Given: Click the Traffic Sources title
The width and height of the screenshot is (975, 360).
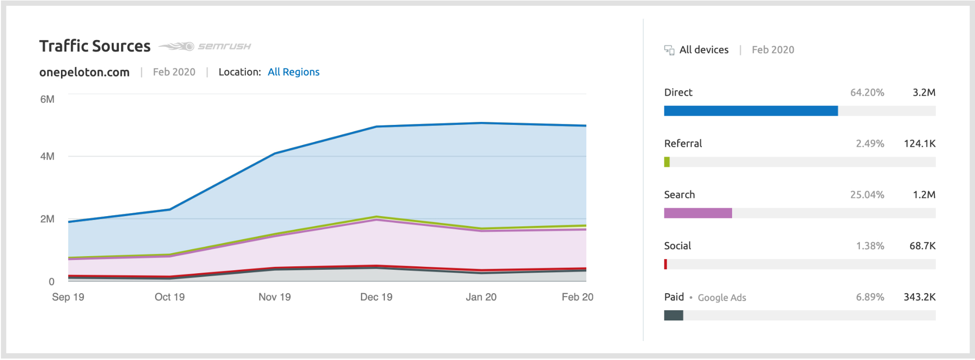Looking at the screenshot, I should [x=95, y=46].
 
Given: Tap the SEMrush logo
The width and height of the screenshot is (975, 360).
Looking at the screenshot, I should [x=205, y=46].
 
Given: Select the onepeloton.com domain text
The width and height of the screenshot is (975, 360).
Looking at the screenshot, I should [x=84, y=72].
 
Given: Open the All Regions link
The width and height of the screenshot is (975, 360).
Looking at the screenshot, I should [x=293, y=72].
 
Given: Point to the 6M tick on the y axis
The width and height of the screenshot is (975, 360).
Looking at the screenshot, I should [x=47, y=99].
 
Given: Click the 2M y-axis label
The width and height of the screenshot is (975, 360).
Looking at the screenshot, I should [x=47, y=219].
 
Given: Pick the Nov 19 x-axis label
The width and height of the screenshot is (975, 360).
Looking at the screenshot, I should [x=274, y=297].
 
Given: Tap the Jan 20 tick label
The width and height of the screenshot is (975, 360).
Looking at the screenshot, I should [x=481, y=297].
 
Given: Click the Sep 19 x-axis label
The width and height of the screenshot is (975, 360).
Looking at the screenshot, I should [x=68, y=297].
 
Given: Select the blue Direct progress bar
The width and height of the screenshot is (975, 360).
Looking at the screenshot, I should [x=751, y=111].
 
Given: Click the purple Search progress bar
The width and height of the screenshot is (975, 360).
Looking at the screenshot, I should [x=697, y=213].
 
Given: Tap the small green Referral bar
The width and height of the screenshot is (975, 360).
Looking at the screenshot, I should [x=667, y=162].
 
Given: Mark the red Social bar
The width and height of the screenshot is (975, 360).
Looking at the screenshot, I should [x=665, y=264].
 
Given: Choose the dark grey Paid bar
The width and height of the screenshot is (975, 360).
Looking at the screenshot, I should [x=673, y=316].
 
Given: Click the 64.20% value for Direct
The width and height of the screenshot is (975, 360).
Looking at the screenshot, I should [x=867, y=93].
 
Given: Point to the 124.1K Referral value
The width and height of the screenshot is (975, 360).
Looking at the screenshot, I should [x=919, y=144].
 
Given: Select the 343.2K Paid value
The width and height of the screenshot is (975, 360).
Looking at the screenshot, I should [x=919, y=297].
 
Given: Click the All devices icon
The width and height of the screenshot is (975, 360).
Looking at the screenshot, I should [x=669, y=50].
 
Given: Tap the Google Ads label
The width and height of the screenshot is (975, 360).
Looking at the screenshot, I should [x=721, y=298].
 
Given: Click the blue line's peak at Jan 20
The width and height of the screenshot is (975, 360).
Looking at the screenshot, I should [x=481, y=123].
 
